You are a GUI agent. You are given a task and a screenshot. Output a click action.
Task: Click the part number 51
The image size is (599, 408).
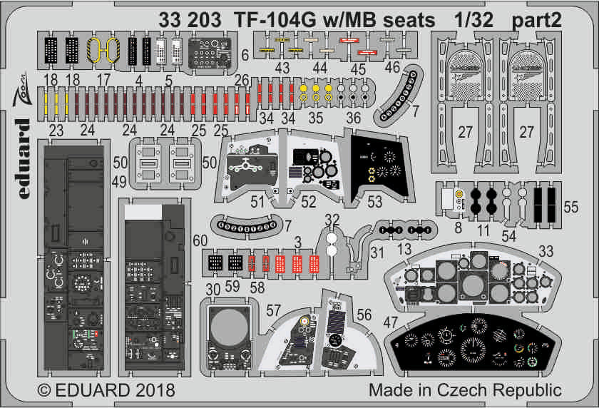point(257,202)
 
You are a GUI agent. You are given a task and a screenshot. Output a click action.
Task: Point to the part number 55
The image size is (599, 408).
point(571,207)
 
